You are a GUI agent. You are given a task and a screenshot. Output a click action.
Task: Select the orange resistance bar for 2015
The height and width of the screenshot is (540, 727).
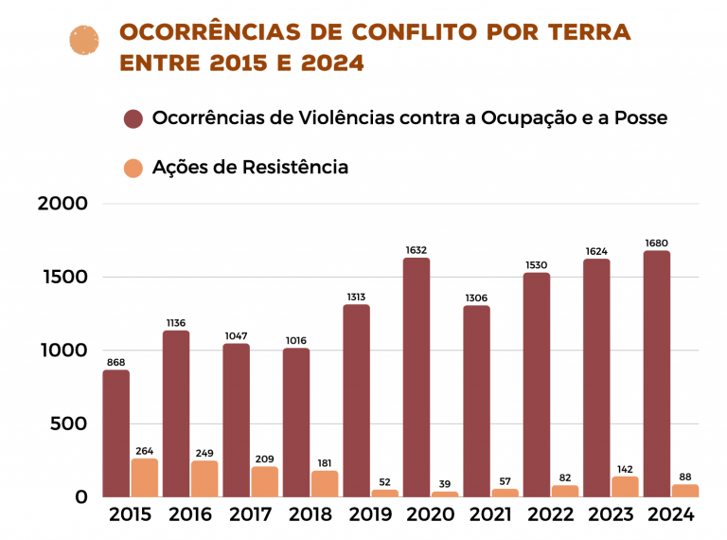[x=145, y=477]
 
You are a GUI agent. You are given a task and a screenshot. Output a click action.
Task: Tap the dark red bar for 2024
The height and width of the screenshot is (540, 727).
[x=657, y=373]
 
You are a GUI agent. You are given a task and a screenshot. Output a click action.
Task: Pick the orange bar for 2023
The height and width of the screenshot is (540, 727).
[x=625, y=486]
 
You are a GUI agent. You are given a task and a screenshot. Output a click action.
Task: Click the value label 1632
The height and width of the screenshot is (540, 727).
[x=417, y=250]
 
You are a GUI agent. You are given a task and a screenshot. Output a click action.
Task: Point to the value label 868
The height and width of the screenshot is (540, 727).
[x=115, y=362]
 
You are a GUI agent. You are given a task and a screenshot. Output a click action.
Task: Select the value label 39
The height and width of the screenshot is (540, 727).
[x=446, y=484]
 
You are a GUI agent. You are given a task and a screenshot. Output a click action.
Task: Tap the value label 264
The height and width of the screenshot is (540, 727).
[x=145, y=450]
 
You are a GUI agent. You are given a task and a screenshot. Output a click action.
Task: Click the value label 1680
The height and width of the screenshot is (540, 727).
[x=657, y=243]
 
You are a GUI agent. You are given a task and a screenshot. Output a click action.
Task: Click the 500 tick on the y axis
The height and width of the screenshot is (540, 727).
[x=70, y=424]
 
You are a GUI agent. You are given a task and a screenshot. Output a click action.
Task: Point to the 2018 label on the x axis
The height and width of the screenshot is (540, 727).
[x=310, y=515]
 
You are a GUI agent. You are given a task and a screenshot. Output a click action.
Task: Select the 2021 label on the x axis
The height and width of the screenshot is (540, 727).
[x=489, y=515]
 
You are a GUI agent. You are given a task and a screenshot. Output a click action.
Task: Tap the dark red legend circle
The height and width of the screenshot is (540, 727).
[x=133, y=119]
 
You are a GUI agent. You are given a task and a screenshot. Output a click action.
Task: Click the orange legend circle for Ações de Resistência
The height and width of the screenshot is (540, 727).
[x=133, y=168]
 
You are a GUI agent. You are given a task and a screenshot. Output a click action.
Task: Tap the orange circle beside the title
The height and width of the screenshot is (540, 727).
[x=85, y=41]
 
